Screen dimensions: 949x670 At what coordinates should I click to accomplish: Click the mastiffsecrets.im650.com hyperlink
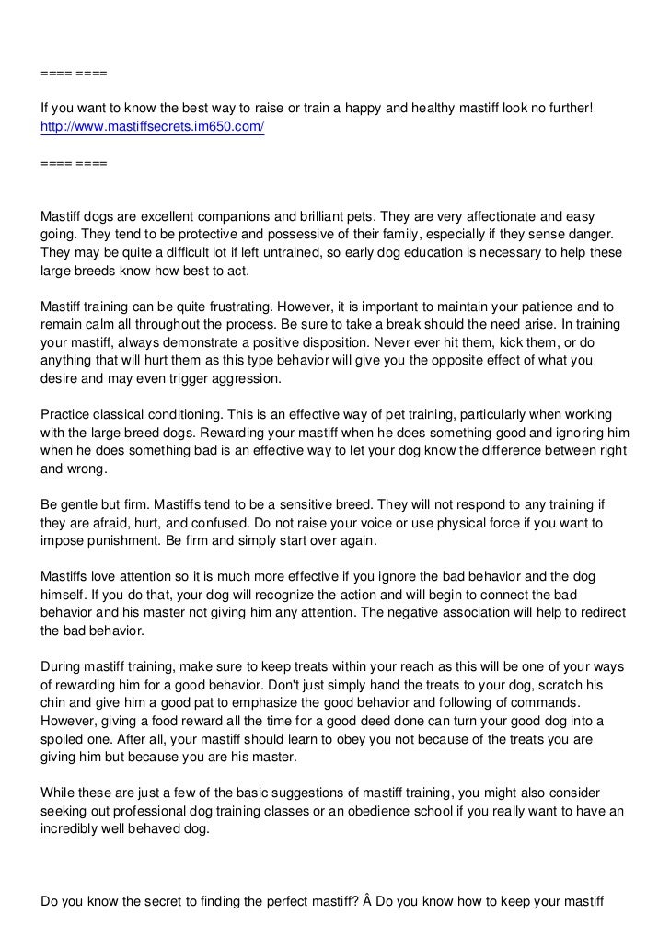pos(153,126)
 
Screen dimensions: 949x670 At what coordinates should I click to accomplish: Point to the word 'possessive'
pos(274,235)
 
